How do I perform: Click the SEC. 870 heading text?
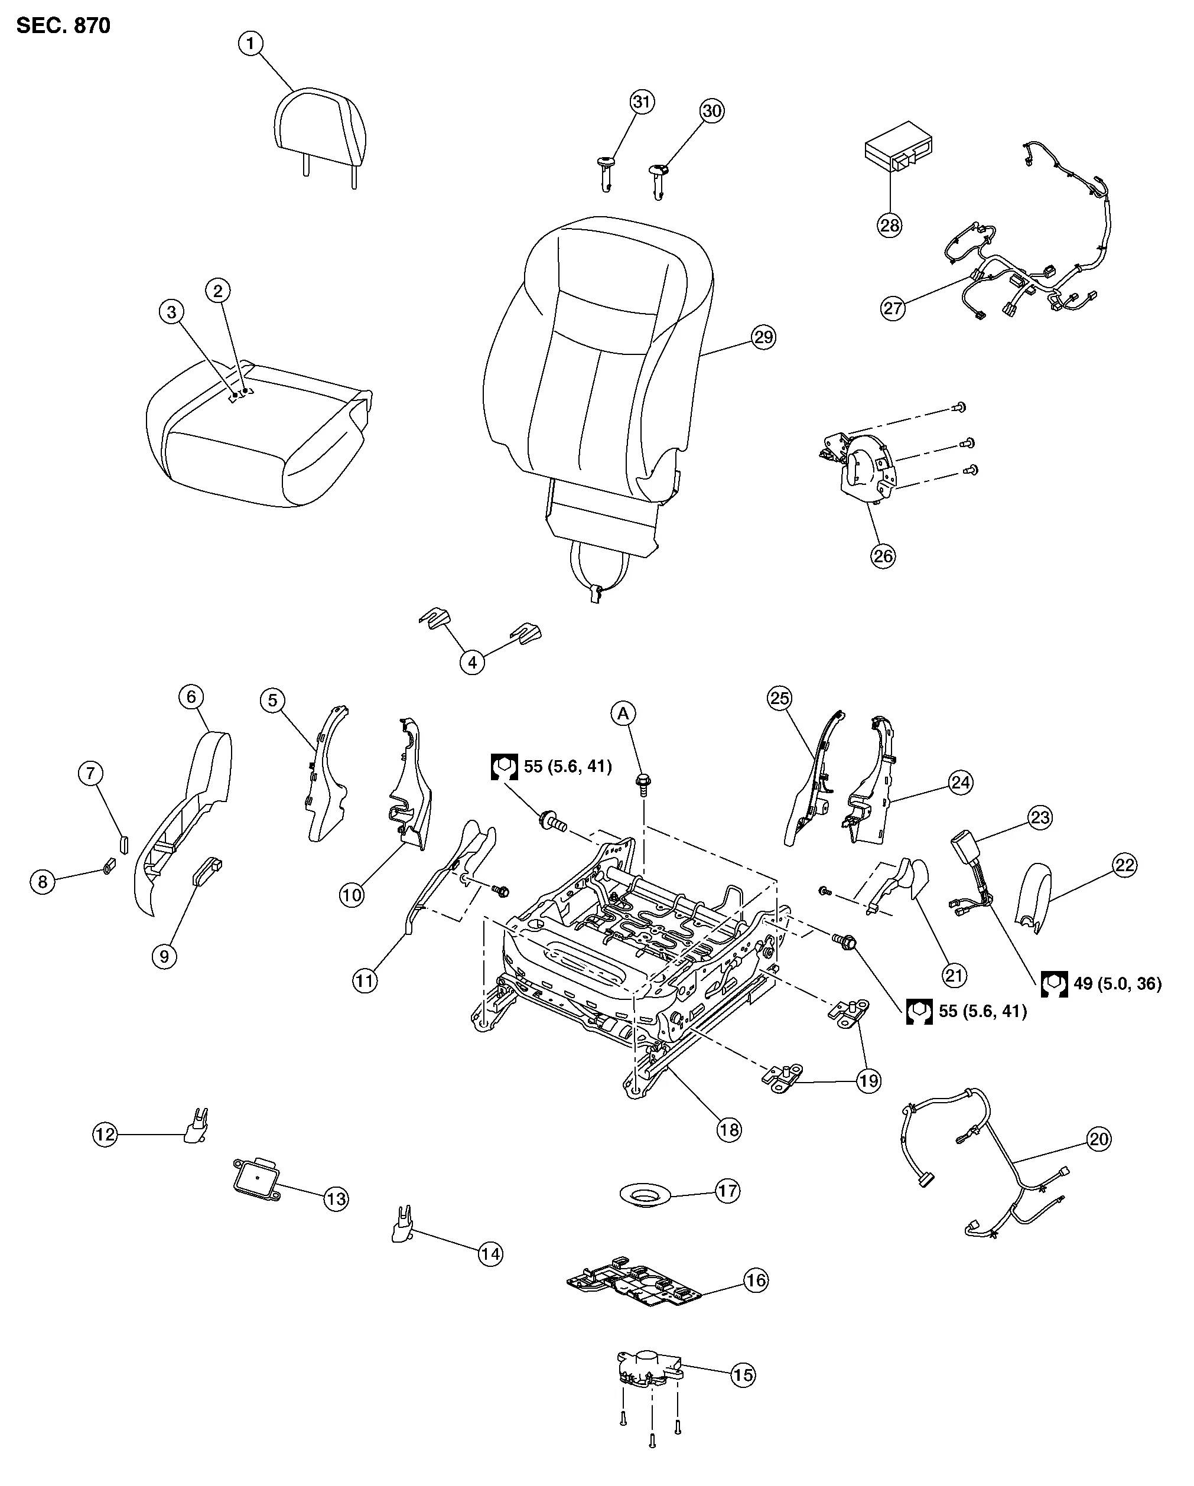tap(63, 25)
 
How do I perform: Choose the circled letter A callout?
tap(623, 714)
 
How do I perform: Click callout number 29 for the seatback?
tap(763, 337)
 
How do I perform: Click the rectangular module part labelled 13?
tap(256, 1179)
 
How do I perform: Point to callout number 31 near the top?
tap(642, 102)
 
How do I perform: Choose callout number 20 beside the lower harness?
tap(1098, 1139)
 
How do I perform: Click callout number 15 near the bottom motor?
tap(743, 1375)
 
